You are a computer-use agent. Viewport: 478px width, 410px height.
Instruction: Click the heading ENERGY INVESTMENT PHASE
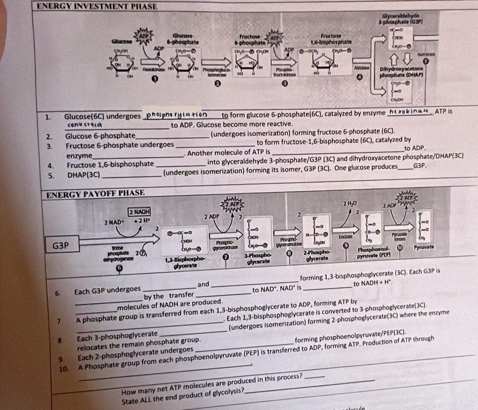coord(97,6)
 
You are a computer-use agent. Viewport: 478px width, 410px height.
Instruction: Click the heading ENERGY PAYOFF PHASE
coord(96,193)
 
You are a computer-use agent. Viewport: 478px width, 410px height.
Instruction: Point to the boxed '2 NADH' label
coord(140,212)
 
